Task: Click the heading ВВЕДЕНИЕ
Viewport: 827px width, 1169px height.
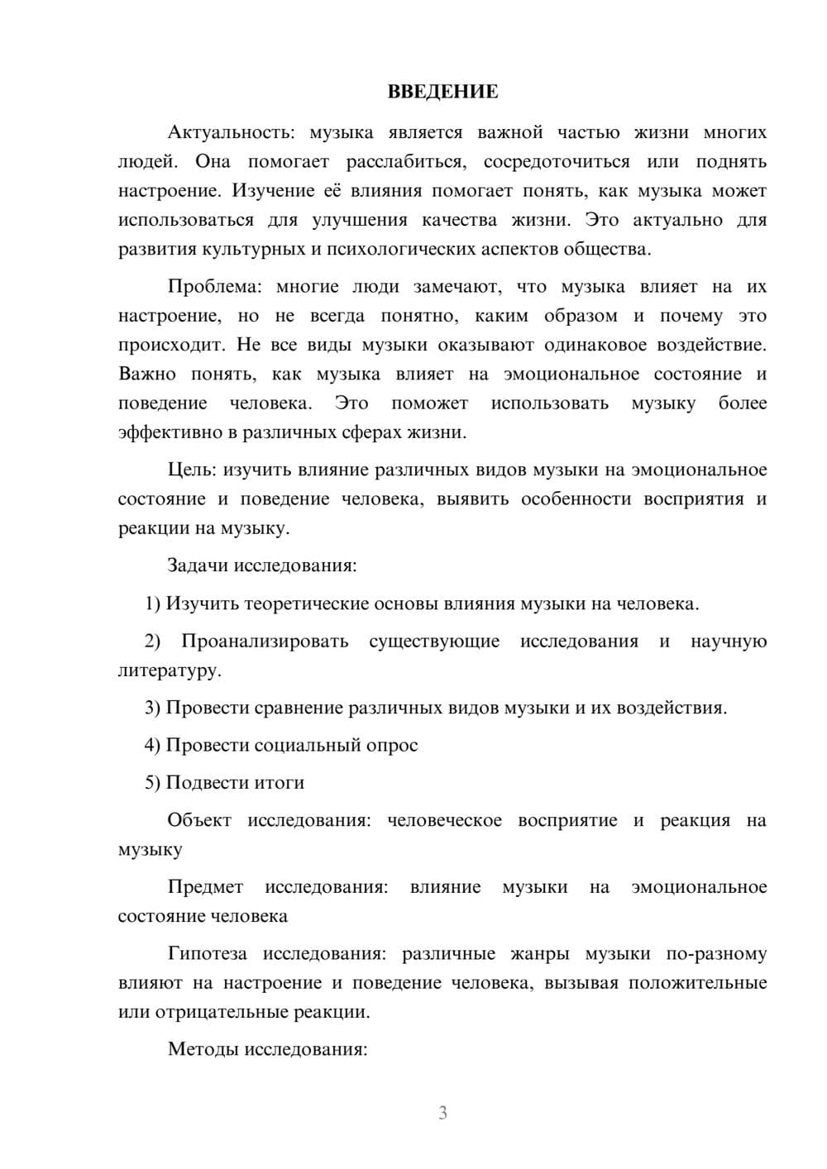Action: tap(442, 92)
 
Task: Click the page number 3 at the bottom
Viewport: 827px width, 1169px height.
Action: tap(442, 1113)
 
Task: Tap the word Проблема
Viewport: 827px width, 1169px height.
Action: tap(213, 287)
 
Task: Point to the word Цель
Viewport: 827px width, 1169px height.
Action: tap(192, 470)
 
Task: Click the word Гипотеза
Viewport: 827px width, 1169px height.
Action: tap(207, 954)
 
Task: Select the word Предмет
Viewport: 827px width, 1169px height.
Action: tap(205, 887)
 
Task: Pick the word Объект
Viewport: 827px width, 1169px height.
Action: tap(198, 820)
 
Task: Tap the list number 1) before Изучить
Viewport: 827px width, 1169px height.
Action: tap(152, 604)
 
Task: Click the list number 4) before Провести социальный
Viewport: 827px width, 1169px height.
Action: tap(152, 745)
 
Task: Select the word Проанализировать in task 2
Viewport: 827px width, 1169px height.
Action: tap(265, 642)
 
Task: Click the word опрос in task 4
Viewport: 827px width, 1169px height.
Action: tap(392, 745)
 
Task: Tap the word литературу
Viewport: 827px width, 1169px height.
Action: tap(169, 670)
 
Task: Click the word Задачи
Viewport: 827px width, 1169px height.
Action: tap(198, 566)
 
